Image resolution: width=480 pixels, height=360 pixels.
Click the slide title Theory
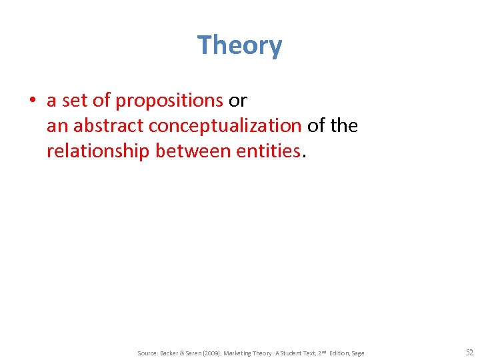coord(240,45)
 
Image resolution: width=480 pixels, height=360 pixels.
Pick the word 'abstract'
coord(109,126)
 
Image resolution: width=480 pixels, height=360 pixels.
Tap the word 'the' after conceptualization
coord(343,126)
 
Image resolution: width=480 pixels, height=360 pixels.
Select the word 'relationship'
coord(98,151)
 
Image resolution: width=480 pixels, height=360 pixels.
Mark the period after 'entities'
coord(304,155)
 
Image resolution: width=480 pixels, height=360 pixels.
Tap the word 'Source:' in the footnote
coord(147,353)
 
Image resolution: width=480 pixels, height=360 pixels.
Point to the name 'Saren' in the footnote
coord(189,353)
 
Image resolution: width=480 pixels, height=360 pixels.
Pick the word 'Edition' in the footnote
coord(339,353)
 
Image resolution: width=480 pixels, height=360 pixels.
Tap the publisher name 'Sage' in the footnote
coord(359,353)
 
